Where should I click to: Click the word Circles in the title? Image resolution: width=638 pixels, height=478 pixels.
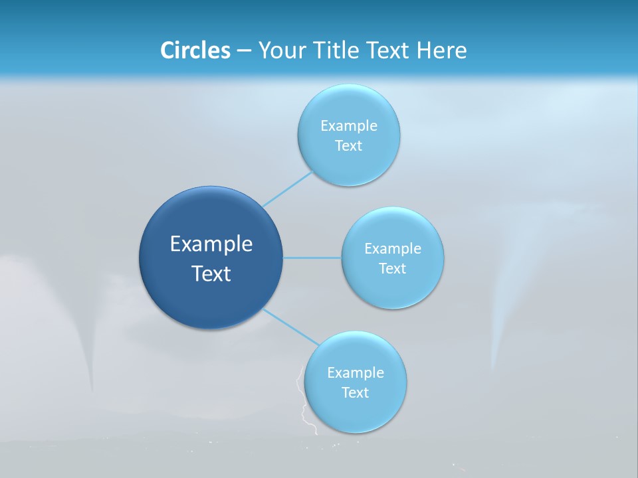[x=195, y=50]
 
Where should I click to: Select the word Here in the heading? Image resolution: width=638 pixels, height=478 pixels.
[x=442, y=50]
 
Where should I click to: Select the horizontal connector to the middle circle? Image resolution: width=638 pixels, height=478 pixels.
[x=312, y=258]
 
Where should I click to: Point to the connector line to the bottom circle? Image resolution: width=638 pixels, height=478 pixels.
[x=290, y=327]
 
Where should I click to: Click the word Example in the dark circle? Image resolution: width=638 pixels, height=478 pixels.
[x=211, y=244]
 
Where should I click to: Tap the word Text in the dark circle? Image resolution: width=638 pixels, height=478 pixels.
[x=211, y=274]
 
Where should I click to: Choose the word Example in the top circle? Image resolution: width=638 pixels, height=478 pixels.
[x=348, y=126]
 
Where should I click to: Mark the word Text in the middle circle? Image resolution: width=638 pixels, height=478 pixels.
[x=392, y=269]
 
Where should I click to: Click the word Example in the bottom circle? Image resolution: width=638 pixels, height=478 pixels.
[x=355, y=373]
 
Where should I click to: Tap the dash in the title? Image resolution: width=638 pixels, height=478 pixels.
[x=244, y=51]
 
